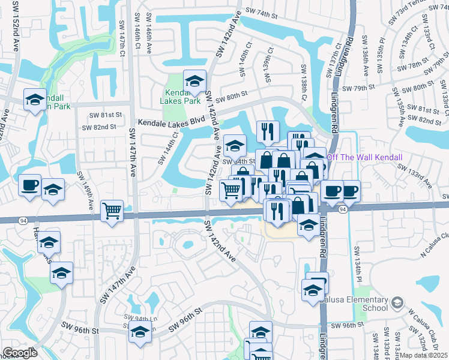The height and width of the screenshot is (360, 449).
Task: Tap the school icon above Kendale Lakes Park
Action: [194, 81]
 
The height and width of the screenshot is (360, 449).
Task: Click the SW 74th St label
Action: [266, 11]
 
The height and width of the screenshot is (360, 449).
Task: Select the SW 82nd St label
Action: [98, 127]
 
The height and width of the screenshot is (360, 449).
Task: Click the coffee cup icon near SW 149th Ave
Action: [29, 185]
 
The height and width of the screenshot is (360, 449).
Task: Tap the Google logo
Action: [20, 353]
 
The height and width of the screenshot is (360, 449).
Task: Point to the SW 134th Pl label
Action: [359, 260]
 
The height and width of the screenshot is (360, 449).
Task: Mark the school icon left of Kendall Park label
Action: [35, 100]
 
